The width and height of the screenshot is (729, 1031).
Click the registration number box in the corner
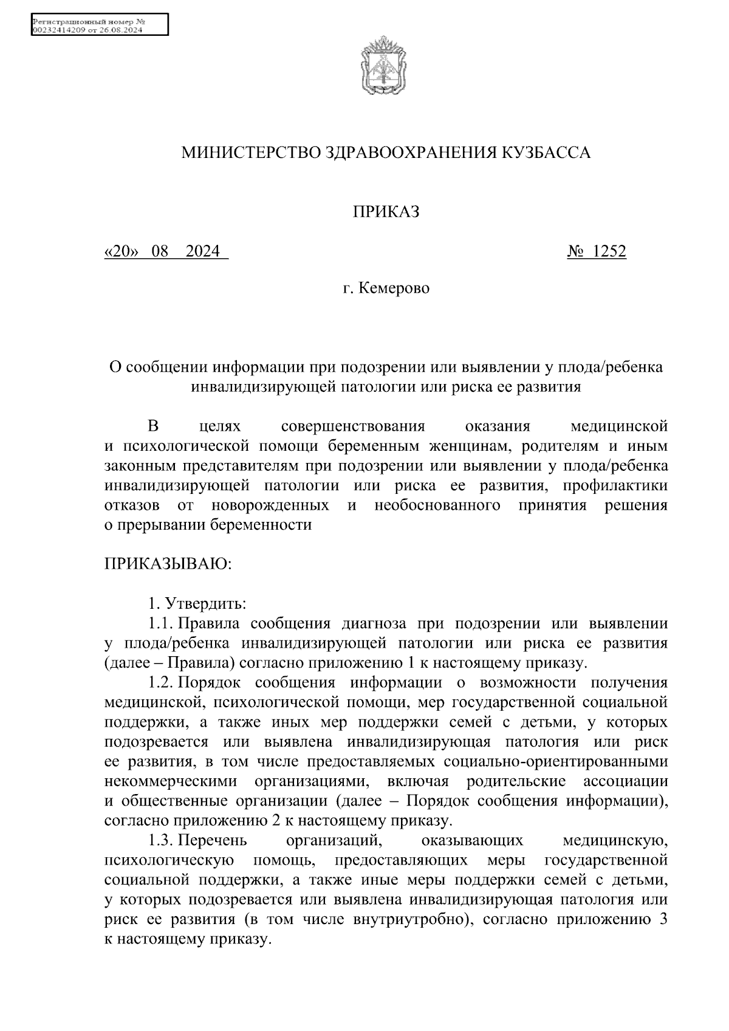[x=99, y=26]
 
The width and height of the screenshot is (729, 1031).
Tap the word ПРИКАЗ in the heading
[x=386, y=212]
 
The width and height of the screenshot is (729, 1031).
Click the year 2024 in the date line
[x=203, y=251]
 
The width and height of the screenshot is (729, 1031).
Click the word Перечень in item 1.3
[x=213, y=841]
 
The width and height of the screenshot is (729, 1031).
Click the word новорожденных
[x=271, y=505]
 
